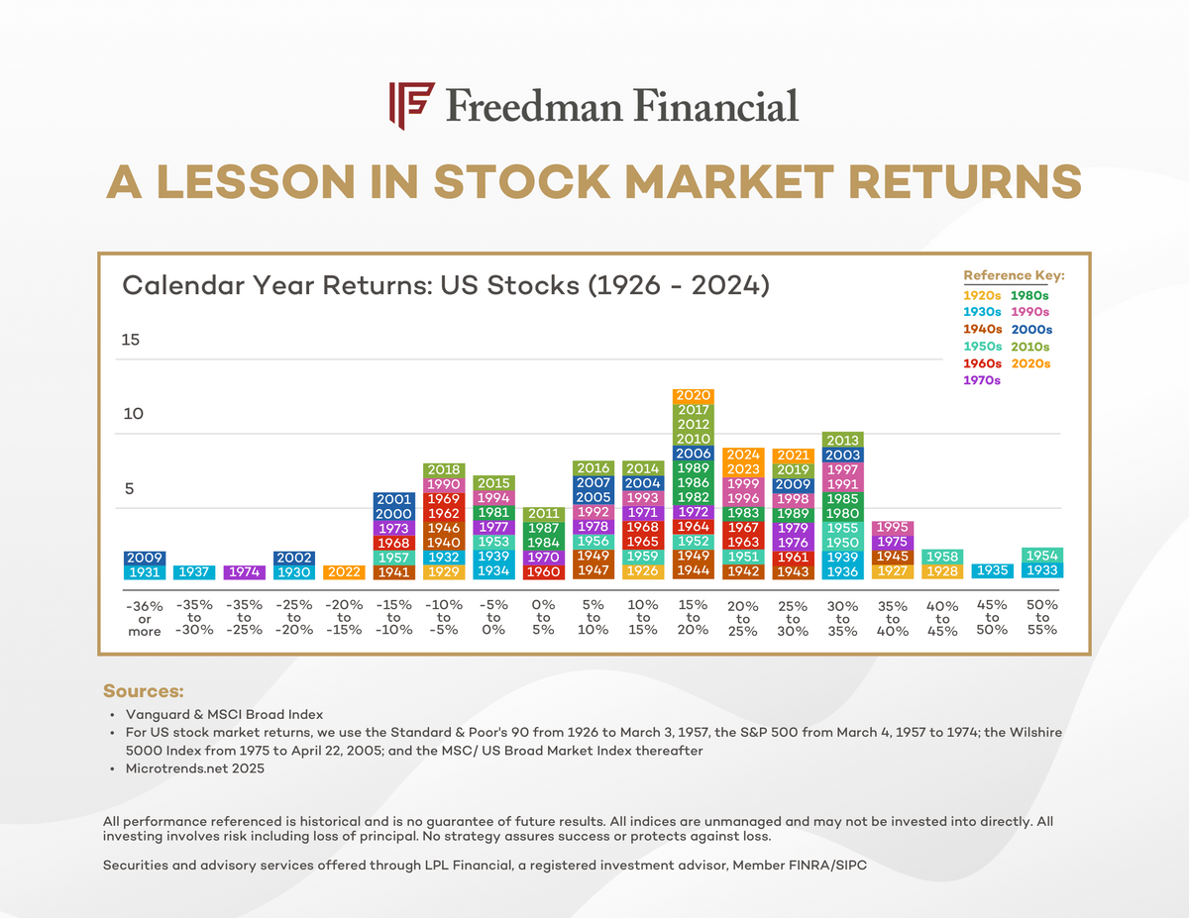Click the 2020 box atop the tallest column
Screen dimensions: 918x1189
point(693,395)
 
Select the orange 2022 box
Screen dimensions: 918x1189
point(344,571)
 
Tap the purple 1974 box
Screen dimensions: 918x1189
point(245,571)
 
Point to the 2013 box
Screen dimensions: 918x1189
point(842,440)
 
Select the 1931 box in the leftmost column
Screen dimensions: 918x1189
point(145,571)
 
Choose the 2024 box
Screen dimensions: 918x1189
point(743,455)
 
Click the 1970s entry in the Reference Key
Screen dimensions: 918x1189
point(982,380)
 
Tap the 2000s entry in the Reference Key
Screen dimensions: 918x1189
point(1030,329)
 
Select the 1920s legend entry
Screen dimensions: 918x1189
point(982,294)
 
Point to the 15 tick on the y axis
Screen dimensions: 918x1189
point(132,340)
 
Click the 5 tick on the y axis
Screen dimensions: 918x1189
point(128,489)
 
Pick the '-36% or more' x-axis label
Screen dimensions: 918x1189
point(145,618)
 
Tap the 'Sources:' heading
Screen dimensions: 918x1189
point(144,690)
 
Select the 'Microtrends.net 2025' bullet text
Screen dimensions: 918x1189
point(194,768)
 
